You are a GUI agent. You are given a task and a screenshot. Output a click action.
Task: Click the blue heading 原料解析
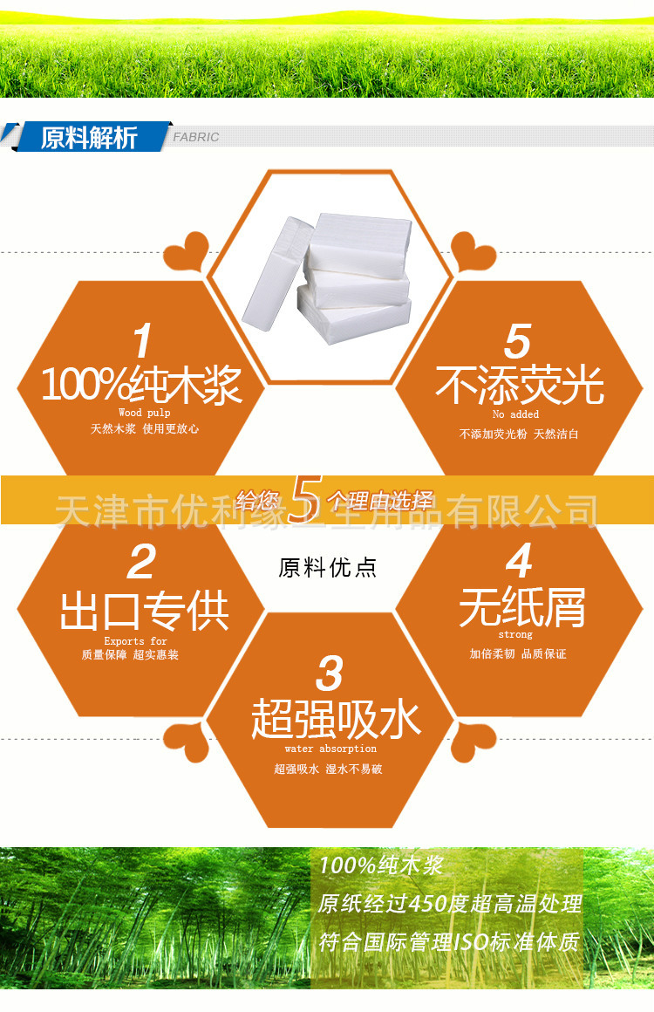coord(89,138)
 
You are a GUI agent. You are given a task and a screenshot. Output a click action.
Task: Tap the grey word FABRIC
coord(196,137)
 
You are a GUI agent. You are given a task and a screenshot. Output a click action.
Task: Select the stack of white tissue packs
coord(327,278)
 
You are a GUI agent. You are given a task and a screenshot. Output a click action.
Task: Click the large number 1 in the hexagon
coord(142,340)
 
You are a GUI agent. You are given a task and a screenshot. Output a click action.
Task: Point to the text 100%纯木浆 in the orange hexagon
coord(141,386)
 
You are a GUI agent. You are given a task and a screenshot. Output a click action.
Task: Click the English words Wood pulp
coord(145,413)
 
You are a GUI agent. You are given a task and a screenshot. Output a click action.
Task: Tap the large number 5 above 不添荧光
coord(518,341)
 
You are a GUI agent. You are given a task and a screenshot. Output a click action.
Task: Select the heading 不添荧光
coord(520,386)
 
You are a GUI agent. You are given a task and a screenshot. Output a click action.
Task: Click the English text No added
coord(515,414)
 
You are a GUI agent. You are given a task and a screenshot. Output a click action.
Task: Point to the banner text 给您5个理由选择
coord(334,499)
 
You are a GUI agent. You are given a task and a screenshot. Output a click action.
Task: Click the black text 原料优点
coord(327,568)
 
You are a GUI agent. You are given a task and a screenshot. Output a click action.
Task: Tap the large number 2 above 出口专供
coord(141,562)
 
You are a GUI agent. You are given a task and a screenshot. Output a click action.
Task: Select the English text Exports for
coord(135,641)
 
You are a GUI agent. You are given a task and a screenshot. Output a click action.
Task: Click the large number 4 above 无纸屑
coord(519,560)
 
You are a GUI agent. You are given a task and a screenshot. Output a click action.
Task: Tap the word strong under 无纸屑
coord(515,635)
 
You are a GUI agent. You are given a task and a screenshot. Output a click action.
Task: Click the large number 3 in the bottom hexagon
coord(330,674)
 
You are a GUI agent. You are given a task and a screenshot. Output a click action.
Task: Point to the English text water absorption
coord(330,749)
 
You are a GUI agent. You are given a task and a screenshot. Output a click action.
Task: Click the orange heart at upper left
coord(187,252)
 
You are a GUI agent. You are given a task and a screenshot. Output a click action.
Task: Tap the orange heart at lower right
coord(473,742)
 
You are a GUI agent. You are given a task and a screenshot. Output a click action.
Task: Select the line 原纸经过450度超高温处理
coord(450,904)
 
